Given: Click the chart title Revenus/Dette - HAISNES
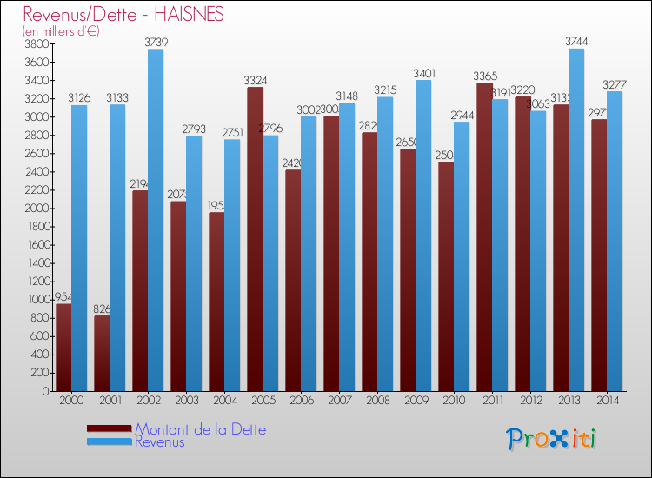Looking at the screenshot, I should [x=123, y=14].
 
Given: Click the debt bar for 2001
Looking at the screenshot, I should [x=102, y=353].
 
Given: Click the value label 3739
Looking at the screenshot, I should [x=156, y=42].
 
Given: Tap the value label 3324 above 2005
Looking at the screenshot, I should [x=256, y=80].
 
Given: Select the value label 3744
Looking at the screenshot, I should [x=577, y=41].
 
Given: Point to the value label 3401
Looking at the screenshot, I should [x=424, y=73].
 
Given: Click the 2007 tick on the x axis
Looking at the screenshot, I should [x=339, y=401].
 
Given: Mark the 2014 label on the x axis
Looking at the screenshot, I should [x=607, y=401].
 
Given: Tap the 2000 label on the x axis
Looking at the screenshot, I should [x=71, y=401].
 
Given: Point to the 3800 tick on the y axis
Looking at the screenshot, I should [x=37, y=43].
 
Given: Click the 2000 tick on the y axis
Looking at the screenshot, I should [x=37, y=209].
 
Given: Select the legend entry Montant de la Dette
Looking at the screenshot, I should [x=200, y=429].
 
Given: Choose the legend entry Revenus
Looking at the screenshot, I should [x=160, y=441].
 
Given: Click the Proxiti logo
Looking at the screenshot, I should [x=551, y=439].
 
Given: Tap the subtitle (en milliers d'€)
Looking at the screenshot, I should [x=61, y=30].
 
